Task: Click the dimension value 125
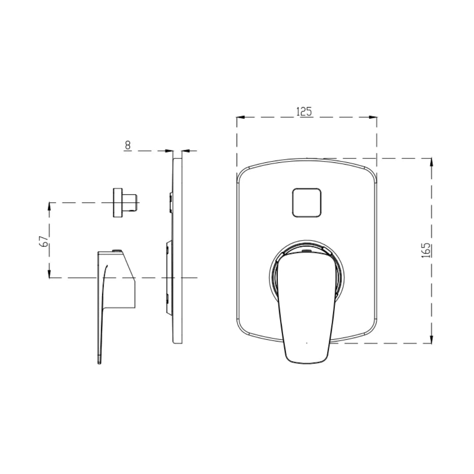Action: point(304,111)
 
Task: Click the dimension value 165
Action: point(426,250)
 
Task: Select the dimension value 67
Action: point(43,241)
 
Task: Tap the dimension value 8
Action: point(127,145)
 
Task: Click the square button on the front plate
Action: point(307,202)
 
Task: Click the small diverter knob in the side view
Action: point(125,202)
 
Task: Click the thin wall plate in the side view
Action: point(178,250)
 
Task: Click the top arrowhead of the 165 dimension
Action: point(432,162)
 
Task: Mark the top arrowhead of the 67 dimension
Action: point(49,206)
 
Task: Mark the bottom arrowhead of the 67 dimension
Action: point(49,274)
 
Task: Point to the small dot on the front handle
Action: point(306,342)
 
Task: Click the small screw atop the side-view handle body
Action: point(117,251)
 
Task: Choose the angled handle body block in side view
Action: point(121,281)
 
